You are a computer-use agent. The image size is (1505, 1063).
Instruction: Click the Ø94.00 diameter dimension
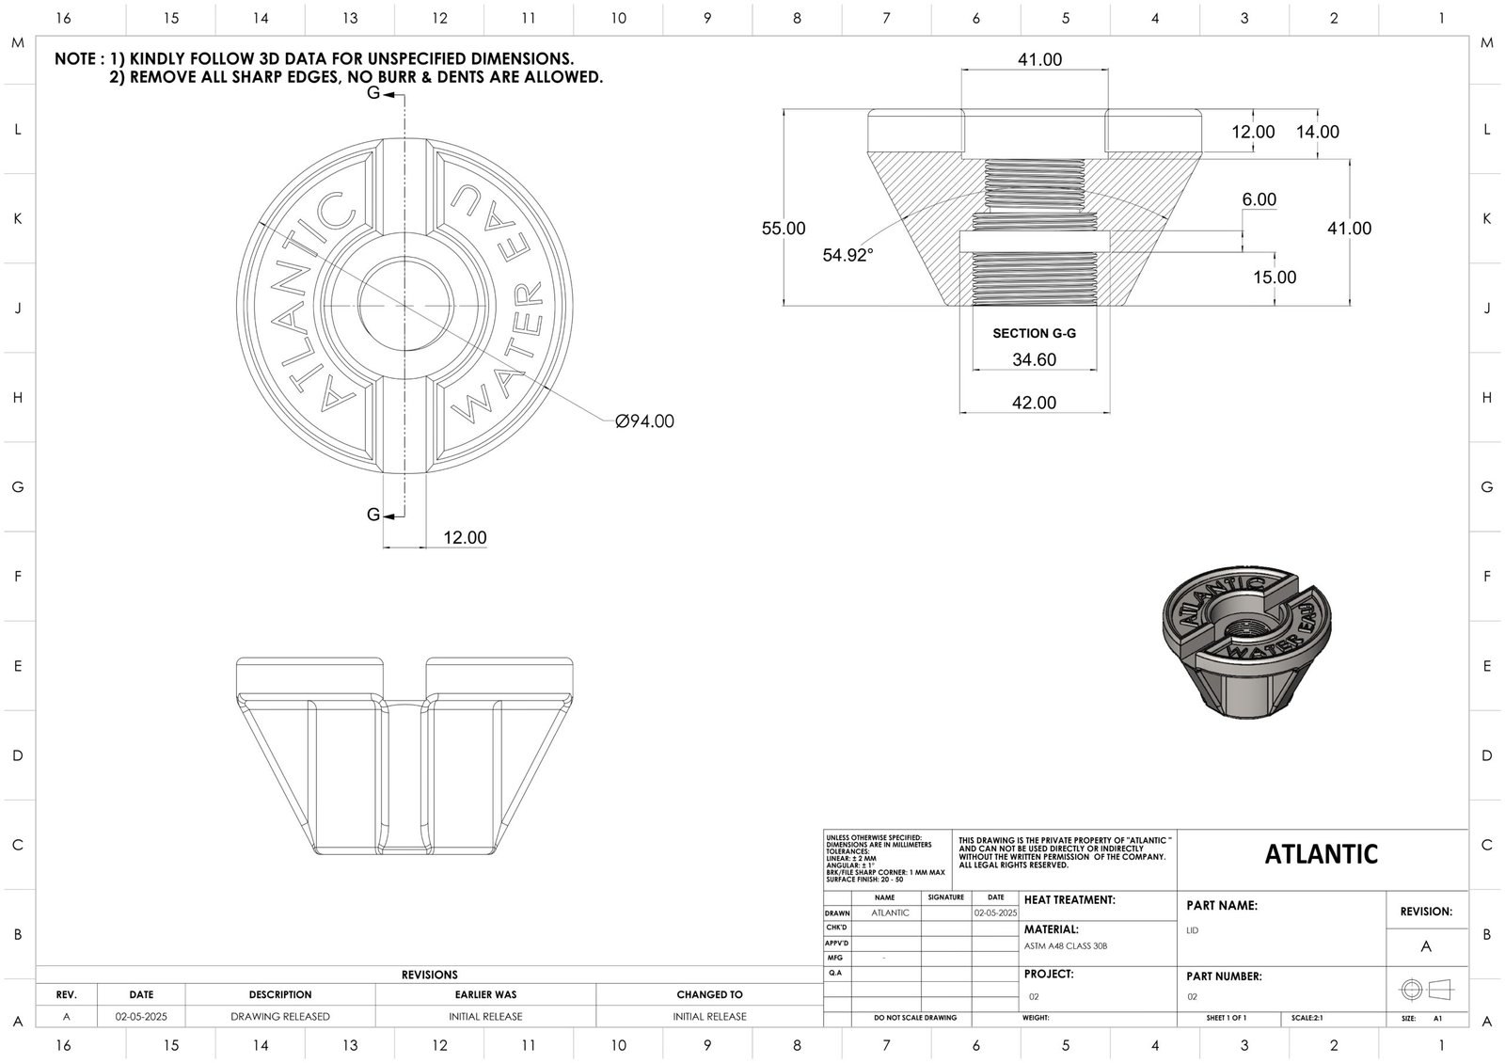644,421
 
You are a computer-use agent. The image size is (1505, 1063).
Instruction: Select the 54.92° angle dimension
848,254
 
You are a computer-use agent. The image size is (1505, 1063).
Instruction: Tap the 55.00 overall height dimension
783,229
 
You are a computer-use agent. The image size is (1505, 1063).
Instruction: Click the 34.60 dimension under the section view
1034,359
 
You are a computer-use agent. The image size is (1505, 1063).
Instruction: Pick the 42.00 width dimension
1034,403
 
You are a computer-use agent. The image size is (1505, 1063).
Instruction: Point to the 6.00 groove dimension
1259,199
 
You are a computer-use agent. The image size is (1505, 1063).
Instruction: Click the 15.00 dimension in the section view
1275,278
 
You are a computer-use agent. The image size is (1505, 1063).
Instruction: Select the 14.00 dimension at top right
1317,133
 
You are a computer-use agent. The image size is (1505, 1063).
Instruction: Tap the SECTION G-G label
1034,333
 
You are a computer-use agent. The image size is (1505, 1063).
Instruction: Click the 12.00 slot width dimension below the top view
465,538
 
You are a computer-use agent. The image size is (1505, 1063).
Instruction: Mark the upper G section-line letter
373,93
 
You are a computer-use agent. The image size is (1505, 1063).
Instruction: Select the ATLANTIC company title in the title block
1321,854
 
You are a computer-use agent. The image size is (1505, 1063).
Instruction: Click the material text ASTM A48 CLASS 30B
1066,946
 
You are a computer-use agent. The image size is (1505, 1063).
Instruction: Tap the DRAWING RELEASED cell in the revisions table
280,1017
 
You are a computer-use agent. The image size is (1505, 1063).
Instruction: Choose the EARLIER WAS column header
485,994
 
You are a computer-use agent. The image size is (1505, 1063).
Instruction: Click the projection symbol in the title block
1426,990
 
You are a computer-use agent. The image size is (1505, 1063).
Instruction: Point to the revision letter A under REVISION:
1426,946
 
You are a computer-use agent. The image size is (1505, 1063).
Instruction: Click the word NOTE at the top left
74,59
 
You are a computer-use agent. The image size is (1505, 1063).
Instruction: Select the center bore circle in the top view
404,304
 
